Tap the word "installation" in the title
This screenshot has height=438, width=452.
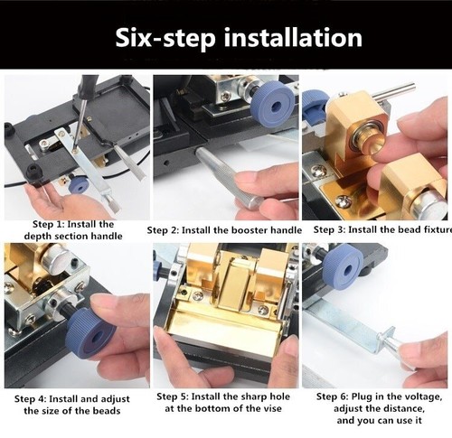pos(293,37)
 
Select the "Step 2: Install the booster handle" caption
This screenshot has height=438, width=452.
pos(224,230)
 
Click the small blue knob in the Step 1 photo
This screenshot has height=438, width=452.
pos(79,185)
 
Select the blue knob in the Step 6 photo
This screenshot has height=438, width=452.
pos(344,265)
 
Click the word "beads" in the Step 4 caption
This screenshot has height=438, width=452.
pos(107,411)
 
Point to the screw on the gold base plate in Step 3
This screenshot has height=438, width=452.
pos(343,201)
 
